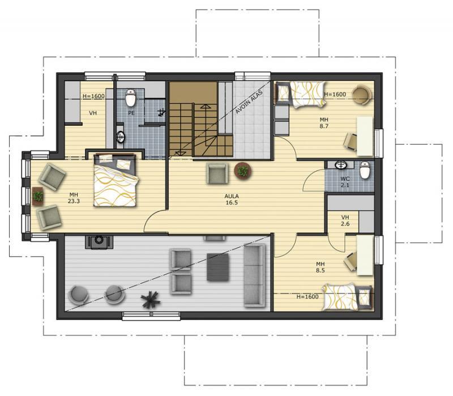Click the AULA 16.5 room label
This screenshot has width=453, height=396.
click(x=232, y=199)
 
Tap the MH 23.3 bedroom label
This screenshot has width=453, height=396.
click(x=74, y=198)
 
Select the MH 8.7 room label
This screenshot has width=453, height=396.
click(x=324, y=123)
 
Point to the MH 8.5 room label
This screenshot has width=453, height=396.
click(x=320, y=267)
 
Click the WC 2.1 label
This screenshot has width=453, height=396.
click(x=345, y=182)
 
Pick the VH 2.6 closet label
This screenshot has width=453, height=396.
click(x=345, y=220)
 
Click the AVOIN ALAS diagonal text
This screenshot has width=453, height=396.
click(x=249, y=102)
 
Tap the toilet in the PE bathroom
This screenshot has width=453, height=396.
click(x=131, y=97)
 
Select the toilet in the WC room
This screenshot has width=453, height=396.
click(x=365, y=170)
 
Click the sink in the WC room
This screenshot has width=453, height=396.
click(x=341, y=165)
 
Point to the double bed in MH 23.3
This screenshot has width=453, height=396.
click(x=115, y=180)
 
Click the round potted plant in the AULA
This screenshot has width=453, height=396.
click(x=243, y=171)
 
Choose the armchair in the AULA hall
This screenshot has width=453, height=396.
click(x=217, y=173)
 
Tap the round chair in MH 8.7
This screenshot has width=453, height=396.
click(x=362, y=95)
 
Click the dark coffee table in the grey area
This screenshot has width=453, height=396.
click(x=218, y=267)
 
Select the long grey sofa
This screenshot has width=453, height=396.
click(x=254, y=275)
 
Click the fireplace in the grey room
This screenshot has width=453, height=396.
click(x=99, y=242)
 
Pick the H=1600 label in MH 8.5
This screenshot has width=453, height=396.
click(x=307, y=296)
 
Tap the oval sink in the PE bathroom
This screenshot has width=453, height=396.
click(x=121, y=137)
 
